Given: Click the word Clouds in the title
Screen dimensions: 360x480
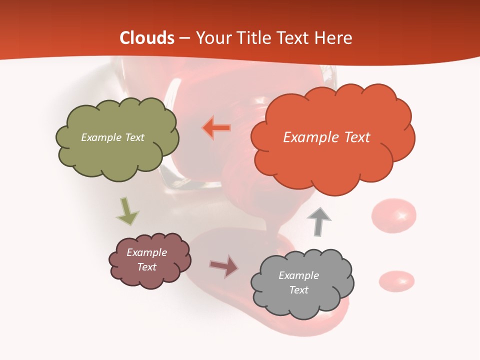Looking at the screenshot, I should pos(147,38).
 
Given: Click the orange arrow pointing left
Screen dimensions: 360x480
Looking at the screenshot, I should pos(216,128).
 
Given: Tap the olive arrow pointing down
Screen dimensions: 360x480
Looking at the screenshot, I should pos(127,210).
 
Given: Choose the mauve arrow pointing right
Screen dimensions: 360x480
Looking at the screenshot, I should pos(223,266).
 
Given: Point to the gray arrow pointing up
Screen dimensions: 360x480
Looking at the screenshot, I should pos(319,221).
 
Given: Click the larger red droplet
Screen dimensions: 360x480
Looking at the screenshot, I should pos(394,215).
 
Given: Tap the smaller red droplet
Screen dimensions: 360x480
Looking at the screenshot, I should pos(396,281).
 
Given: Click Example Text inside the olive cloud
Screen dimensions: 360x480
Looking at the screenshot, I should pos(112,137).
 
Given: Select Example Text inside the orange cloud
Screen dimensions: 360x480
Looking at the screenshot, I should pos(326,137).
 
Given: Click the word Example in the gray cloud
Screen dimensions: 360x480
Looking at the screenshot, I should pos(298,275).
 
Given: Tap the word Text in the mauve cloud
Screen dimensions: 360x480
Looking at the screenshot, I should pos(147,267).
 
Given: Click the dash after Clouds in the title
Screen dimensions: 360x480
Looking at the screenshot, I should pos(184,38).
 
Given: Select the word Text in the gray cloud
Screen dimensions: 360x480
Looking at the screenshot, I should pos(298,290).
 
